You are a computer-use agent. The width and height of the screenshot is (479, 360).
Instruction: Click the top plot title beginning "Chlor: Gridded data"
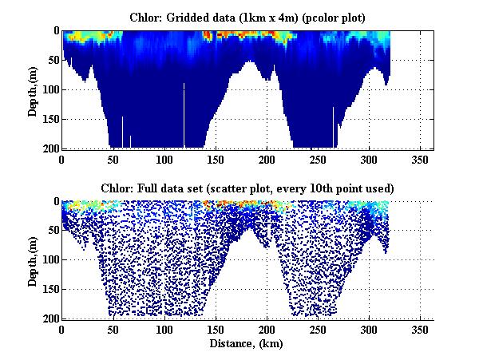247,16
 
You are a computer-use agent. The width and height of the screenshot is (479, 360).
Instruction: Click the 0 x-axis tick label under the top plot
62,159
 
